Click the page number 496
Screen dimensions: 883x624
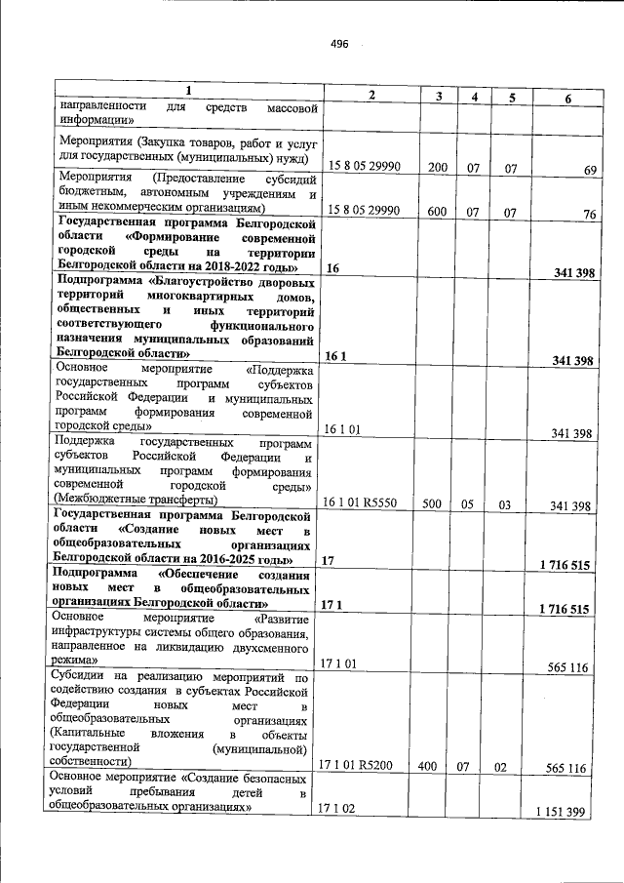point(339,45)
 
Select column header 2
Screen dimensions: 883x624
point(371,94)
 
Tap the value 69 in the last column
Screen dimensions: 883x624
point(589,170)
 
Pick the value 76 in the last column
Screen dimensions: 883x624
point(589,215)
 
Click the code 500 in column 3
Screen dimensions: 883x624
point(438,504)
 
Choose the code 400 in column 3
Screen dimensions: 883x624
point(427,767)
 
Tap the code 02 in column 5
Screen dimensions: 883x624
point(501,767)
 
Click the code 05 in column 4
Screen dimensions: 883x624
point(468,504)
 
